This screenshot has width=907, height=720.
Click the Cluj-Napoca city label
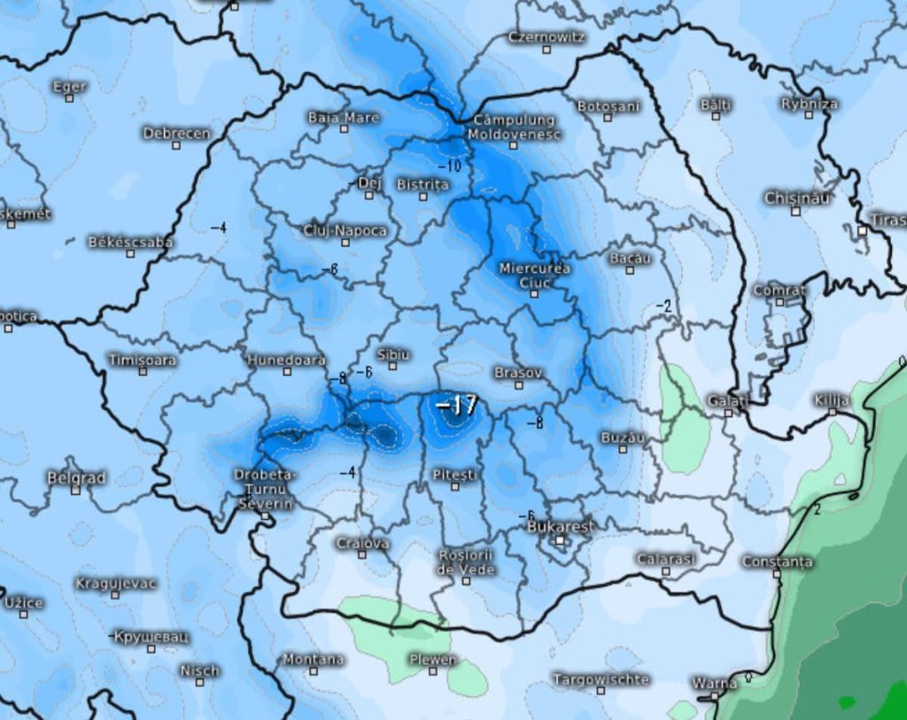pyautogui.click(x=345, y=230)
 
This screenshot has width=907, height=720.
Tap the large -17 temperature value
pyautogui.click(x=457, y=406)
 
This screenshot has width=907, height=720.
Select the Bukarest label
pyautogui.click(x=561, y=525)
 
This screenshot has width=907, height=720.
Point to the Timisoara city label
pyautogui.click(x=143, y=360)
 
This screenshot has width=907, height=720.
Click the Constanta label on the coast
pyautogui.click(x=777, y=561)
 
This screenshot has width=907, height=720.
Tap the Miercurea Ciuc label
pyautogui.click(x=534, y=275)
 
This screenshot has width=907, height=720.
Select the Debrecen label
pyautogui.click(x=177, y=133)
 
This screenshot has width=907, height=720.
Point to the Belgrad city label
pyautogui.click(x=76, y=477)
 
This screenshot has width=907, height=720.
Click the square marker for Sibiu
pyautogui.click(x=392, y=366)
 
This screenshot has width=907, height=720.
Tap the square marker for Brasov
pyautogui.click(x=519, y=384)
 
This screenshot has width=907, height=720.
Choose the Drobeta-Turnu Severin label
pyautogui.click(x=264, y=489)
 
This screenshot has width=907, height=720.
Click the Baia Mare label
pyautogui.click(x=344, y=117)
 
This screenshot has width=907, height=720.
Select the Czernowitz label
pyautogui.click(x=547, y=37)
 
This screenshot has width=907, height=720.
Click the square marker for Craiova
pyautogui.click(x=361, y=555)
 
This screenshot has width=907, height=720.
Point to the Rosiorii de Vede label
pyautogui.click(x=466, y=561)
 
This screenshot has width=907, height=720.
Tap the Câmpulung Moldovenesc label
pyautogui.click(x=514, y=126)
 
